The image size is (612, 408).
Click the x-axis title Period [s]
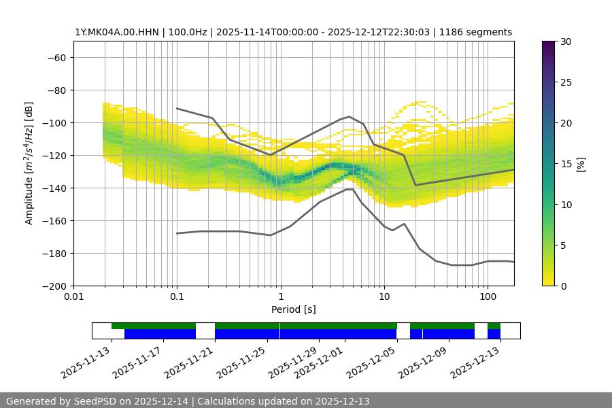(293, 309)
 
